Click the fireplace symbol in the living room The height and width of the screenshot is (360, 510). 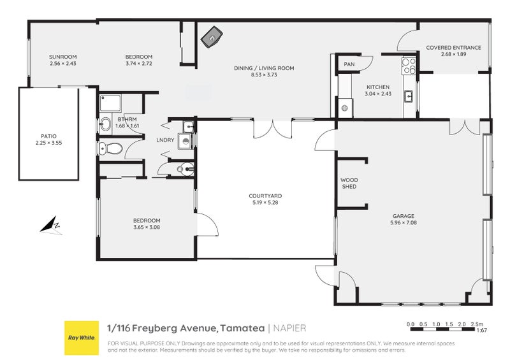tap(210, 39)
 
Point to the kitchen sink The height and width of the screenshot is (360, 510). tap(409, 96)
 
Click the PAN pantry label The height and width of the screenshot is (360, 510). tap(349, 64)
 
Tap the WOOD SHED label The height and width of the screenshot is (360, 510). tap(349, 184)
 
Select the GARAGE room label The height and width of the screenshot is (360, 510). tap(403, 216)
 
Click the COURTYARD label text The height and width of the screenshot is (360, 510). tap(265, 196)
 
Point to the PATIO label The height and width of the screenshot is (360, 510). tap(48, 136)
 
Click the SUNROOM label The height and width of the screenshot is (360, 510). tap(62, 57)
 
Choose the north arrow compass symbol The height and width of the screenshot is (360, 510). tap(50, 224)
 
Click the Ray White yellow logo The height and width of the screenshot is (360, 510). tap(81, 338)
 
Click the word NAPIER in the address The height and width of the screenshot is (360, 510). tap(290, 328)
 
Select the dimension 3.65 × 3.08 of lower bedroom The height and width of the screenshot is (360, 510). tap(147, 227)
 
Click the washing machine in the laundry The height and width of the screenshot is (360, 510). tap(184, 141)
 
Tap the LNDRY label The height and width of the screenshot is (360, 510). tap(165, 140)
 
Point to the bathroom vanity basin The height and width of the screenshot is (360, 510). tap(106, 124)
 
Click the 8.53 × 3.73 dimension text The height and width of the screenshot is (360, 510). tap(272, 75)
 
